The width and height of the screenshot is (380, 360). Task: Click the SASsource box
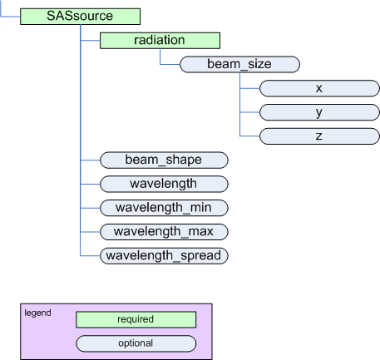point(80,17)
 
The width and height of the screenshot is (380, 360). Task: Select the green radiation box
point(160,41)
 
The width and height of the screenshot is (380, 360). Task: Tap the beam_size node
point(239,64)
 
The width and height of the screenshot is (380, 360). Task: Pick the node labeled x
point(319,88)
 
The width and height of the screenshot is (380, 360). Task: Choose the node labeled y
point(319,112)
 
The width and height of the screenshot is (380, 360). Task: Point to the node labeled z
point(319,136)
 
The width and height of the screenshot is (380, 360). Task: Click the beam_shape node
point(164,160)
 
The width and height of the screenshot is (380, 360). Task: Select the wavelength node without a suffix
point(164,184)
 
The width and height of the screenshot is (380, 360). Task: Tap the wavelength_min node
point(164,208)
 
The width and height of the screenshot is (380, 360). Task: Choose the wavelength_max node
point(164,232)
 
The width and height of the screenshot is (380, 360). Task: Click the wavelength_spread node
point(164,256)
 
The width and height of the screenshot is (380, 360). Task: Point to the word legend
point(37,313)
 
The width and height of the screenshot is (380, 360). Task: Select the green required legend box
point(136,319)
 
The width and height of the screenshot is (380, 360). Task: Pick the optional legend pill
point(136,343)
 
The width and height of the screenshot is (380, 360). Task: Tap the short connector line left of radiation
point(90,41)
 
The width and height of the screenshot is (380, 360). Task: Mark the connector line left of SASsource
point(10,17)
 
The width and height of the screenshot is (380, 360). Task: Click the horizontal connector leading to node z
point(249,136)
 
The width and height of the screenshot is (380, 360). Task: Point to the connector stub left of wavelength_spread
point(90,255)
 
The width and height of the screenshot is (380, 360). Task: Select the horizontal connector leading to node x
point(249,88)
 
